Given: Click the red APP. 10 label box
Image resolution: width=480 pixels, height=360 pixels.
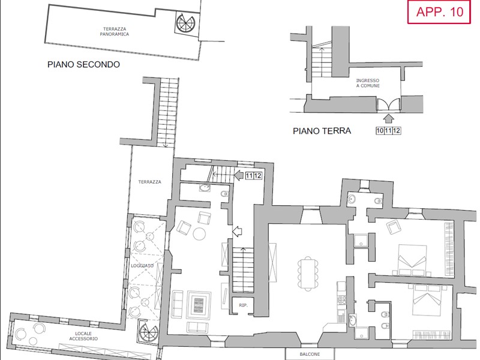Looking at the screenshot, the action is tap(439, 12).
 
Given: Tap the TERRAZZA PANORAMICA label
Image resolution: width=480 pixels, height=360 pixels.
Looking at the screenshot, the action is tap(115, 32).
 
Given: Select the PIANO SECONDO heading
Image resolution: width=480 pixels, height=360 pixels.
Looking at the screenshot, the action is tap(83, 64).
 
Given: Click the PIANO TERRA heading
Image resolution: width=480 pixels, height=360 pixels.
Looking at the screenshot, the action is tap(322, 131).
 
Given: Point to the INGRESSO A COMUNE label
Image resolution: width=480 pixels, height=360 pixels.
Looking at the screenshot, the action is tap(368, 83).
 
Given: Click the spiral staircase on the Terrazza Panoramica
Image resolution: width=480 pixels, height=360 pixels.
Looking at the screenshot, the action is tap(185, 22).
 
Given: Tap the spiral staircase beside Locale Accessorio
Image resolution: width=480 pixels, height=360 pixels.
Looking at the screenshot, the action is tap(148, 332).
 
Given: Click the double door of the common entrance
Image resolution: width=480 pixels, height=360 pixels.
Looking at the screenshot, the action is tap(388, 104).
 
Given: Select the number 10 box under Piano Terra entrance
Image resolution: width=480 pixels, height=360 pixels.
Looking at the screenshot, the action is tap(380, 131).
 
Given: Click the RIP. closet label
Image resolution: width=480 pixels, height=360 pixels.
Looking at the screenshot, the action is tap(243, 305).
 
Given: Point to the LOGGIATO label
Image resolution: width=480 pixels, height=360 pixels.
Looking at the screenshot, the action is tap(142, 266).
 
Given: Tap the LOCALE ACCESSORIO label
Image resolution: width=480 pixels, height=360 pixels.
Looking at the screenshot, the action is tap(83, 336).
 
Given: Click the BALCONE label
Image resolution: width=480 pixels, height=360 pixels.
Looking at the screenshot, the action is tap(310, 354).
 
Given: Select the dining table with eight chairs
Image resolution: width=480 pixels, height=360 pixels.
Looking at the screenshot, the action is tap(308, 274).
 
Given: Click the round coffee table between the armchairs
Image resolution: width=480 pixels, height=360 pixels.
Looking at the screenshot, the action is tap(199, 234).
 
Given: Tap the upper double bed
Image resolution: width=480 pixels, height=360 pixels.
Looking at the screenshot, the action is tap(412, 260).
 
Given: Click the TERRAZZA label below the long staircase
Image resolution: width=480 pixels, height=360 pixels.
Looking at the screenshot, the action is tap(149, 182).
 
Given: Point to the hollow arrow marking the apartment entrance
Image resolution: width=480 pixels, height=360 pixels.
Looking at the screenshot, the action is tap(237, 231).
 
